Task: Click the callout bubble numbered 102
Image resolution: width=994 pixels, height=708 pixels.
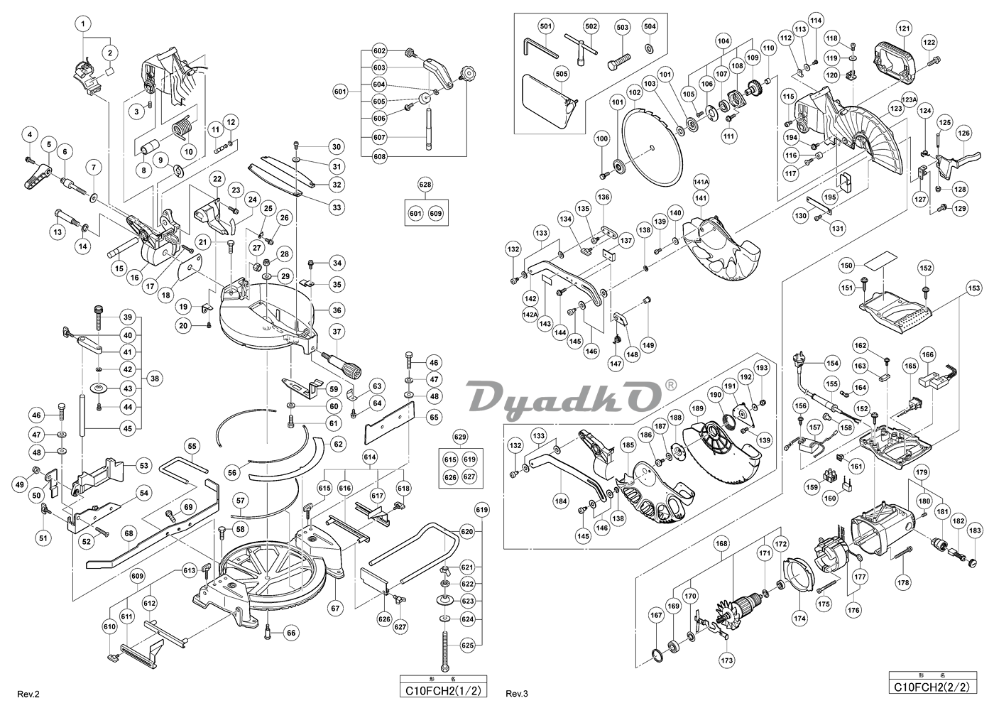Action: coord(635,92)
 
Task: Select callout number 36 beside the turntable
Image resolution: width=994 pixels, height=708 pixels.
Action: coord(337,310)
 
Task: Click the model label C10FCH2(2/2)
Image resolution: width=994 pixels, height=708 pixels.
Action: coord(928,687)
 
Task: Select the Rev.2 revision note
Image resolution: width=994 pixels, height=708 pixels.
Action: coord(28,692)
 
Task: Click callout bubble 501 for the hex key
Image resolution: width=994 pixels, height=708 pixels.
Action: coord(546,26)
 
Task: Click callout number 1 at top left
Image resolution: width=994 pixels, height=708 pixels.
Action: coord(84,24)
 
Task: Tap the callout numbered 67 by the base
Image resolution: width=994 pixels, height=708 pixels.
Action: coord(337,607)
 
